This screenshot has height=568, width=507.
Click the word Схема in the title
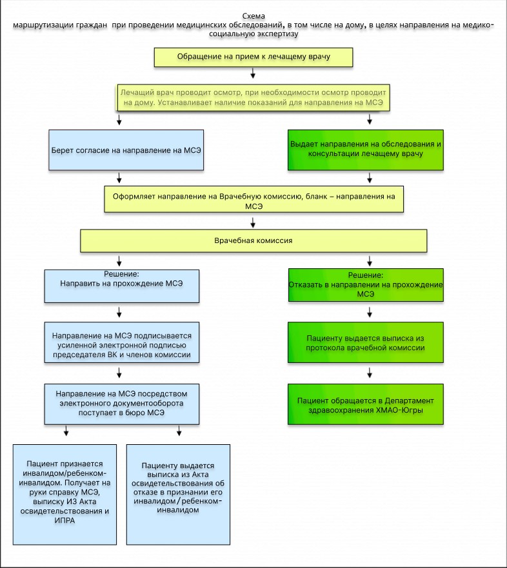pos(253,16)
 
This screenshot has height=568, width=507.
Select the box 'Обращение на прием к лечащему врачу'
pos(253,57)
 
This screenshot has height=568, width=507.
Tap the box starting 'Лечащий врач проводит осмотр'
pos(253,97)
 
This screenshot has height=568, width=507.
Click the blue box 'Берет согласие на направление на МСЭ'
pos(126,150)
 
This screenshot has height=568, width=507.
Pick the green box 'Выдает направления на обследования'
pos(366,150)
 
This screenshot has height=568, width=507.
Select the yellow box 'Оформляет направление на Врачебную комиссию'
pos(253,199)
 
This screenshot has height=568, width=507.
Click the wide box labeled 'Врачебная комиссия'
pos(253,240)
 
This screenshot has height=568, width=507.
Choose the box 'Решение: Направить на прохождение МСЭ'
pos(122,286)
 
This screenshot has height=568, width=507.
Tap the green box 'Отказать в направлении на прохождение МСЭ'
pos(366,285)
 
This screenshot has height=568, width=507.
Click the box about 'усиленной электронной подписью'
pos(122,342)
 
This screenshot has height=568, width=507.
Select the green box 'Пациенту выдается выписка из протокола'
pos(366,342)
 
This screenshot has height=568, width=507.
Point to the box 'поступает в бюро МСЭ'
pos(122,404)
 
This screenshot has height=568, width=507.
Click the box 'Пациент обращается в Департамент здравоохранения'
pos(366,404)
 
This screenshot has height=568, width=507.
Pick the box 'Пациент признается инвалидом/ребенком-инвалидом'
pos(65,495)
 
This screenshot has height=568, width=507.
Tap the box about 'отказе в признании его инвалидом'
pos(178,495)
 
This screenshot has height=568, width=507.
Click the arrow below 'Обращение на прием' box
pos(253,73)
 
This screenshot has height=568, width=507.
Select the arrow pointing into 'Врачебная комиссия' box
pos(253,222)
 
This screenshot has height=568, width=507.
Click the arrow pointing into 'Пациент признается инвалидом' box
pos(66,431)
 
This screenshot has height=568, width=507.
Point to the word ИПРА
pos(65,520)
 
